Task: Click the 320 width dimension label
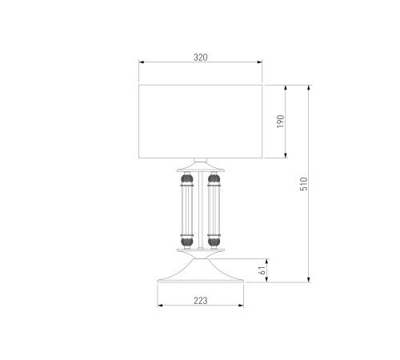200,58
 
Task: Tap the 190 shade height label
281,122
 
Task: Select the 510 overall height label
304,184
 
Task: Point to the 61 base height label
262,270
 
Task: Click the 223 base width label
201,301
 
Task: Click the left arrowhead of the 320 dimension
142,62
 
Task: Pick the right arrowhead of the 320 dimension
259,62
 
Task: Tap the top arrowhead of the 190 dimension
286,88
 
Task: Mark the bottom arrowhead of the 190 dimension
286,155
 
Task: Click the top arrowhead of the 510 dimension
309,88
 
